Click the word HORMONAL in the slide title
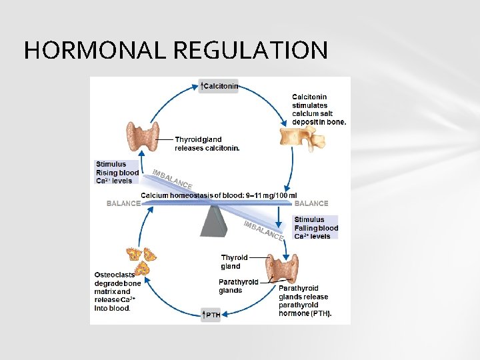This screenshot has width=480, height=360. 93,50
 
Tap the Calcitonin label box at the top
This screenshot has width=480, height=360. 219,86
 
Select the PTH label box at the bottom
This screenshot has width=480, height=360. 211,315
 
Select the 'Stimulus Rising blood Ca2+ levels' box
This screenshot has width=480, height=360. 117,172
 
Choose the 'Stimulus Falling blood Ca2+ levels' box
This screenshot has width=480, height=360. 315,227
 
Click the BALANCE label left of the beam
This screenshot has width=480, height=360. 124,203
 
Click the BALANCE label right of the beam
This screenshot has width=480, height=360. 311,203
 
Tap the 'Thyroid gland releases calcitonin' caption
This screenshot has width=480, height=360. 207,143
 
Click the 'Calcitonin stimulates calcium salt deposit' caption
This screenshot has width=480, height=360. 319,109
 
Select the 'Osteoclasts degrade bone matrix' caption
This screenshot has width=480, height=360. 116,291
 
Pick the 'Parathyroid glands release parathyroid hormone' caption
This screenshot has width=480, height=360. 305,301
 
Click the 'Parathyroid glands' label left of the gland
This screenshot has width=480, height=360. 239,286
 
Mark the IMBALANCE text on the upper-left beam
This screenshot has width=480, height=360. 172,178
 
